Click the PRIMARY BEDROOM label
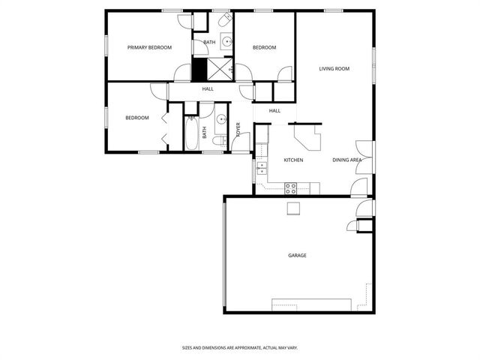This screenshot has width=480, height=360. pyautogui.click(x=149, y=47)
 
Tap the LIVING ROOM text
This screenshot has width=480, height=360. pyautogui.click(x=334, y=69)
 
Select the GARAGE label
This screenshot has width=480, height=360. pyautogui.click(x=297, y=256)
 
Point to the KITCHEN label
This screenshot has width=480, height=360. pyautogui.click(x=292, y=160)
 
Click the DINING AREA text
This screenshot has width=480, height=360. pyautogui.click(x=347, y=160)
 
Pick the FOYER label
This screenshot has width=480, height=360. pyautogui.click(x=238, y=130)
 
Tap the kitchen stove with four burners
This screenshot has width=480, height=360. pyautogui.click(x=291, y=187)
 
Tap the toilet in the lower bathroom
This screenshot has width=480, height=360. pyautogui.click(x=218, y=140)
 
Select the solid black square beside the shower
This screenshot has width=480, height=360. pyautogui.click(x=199, y=70)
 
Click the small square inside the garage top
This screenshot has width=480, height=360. pyautogui.click(x=293, y=208)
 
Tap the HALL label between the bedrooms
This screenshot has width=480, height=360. pyautogui.click(x=208, y=89)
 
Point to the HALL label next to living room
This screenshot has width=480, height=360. pyautogui.click(x=274, y=111)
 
